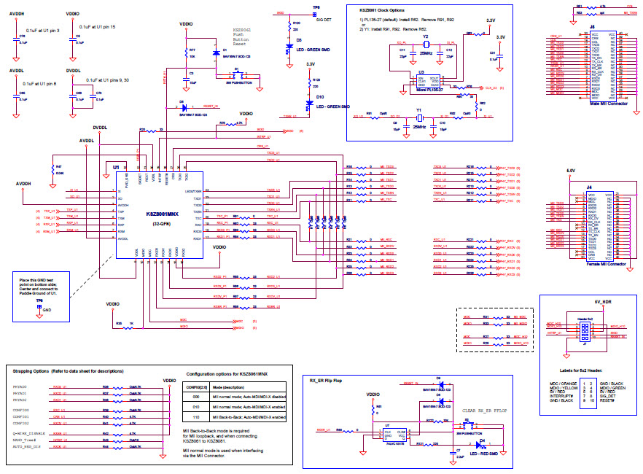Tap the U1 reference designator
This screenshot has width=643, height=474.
(x=116, y=167)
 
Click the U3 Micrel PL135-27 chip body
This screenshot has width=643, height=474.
(x=427, y=80)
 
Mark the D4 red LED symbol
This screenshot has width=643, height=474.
(x=482, y=442)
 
